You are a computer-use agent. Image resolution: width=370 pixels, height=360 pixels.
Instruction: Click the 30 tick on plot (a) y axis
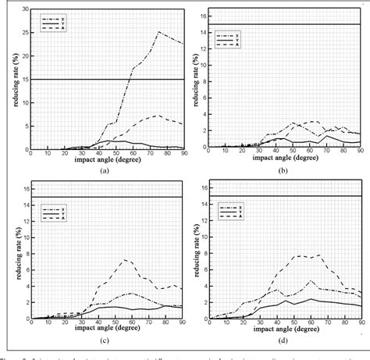(23, 9)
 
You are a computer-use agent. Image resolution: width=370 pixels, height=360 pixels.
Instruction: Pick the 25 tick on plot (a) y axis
(23, 33)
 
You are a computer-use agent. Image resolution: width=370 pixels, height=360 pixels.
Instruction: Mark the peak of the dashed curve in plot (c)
(123, 259)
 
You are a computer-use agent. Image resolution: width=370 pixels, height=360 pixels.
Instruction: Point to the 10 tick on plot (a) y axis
(23, 102)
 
